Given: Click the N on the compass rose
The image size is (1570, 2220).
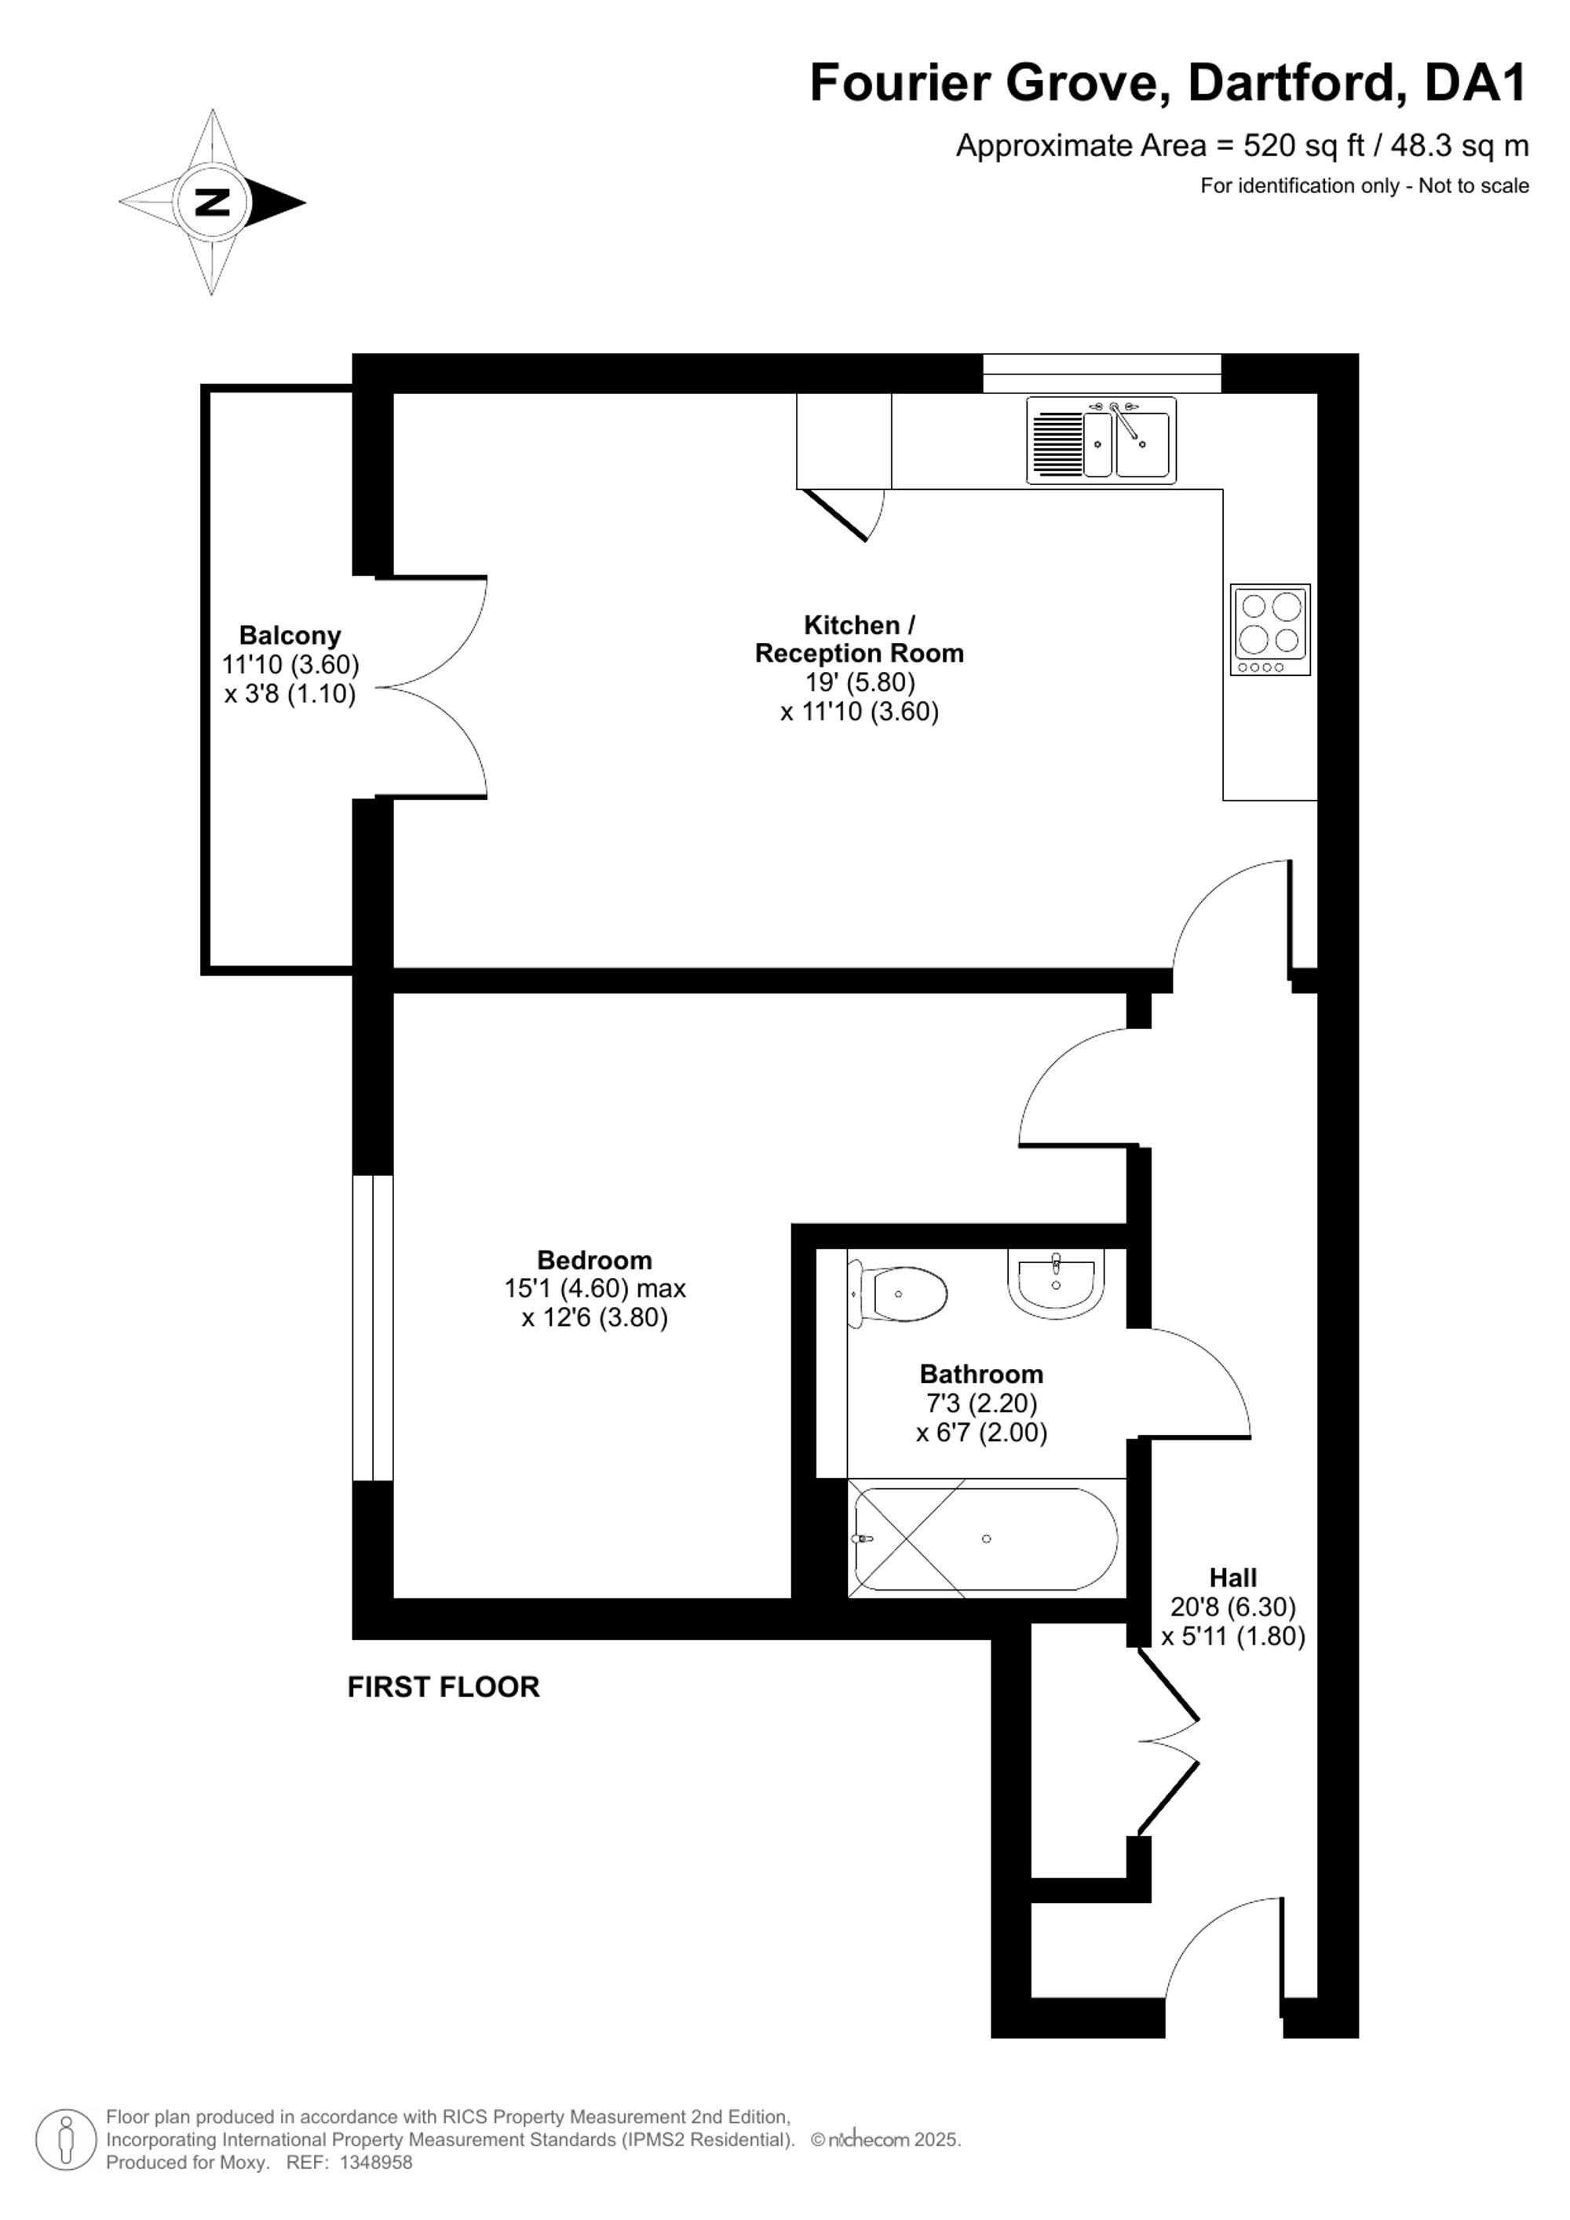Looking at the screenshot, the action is pyautogui.click(x=213, y=202).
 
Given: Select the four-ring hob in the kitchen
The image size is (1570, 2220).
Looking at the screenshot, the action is pyautogui.click(x=1270, y=630).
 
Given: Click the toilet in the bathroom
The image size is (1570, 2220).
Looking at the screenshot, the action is pyautogui.click(x=897, y=1293).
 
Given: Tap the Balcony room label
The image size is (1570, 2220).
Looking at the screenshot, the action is pyautogui.click(x=290, y=635).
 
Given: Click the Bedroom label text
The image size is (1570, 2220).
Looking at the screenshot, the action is pyautogui.click(x=594, y=1260).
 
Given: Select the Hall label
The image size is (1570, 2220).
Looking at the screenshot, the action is pyautogui.click(x=1232, y=1578).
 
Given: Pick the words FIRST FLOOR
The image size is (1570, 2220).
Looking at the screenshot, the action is pyautogui.click(x=444, y=1687).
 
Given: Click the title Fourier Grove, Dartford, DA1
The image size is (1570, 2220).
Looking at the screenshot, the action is pyautogui.click(x=1169, y=82).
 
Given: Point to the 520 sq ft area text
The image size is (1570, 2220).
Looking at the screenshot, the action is pyautogui.click(x=1303, y=146).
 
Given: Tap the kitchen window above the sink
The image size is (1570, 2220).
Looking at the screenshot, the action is pyautogui.click(x=1102, y=373).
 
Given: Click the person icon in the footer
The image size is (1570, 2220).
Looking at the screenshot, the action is pyautogui.click(x=67, y=2139).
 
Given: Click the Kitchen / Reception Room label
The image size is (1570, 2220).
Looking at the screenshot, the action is pyautogui.click(x=860, y=639).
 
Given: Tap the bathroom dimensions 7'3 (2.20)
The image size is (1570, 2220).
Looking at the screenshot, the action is pyautogui.click(x=981, y=1403).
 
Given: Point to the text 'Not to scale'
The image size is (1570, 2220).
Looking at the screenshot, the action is pyautogui.click(x=1473, y=185).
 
